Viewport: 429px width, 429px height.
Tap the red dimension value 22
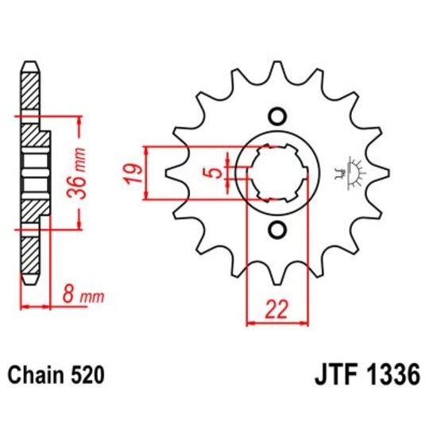coord(277,311)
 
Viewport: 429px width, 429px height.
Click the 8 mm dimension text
coord(82,296)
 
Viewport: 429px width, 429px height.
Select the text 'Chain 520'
coord(55,373)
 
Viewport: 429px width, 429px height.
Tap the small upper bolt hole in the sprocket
coord(276,116)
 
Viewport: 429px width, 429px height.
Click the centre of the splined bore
coord(277,172)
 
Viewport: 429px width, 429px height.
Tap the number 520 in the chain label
coord(86,373)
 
